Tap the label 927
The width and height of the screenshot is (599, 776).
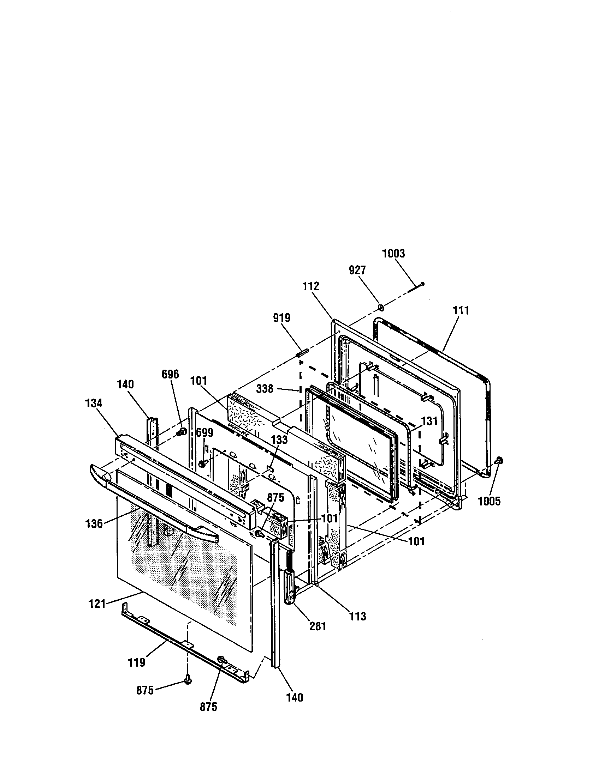coord(357,271)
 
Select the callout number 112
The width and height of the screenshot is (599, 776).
coord(311,286)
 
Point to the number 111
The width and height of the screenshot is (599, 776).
coord(461,310)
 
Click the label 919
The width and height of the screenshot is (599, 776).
coord(282,317)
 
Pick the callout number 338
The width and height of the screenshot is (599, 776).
coord(265,389)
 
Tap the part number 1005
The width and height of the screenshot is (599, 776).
coord(489,501)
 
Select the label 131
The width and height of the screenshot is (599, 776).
coord(429,421)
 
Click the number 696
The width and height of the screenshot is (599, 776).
coord(170,374)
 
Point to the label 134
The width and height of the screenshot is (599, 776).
coord(94,403)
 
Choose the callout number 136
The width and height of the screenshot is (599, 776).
coord(94,524)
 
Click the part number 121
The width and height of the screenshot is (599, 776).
coord(97,603)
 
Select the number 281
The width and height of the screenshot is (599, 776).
coord(318,626)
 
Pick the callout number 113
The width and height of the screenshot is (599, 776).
coord(358,616)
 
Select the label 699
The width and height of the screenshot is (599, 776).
coord(205,433)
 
